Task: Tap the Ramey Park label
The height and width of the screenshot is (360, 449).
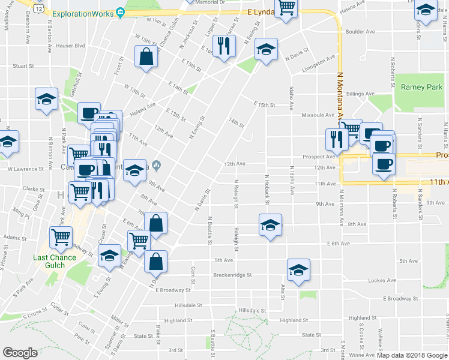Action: pos(421,87)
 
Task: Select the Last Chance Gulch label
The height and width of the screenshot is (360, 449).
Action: pos(55,262)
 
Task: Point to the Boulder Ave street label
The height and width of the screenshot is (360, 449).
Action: pos(360,32)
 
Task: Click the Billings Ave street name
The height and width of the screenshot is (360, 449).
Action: pos(360,94)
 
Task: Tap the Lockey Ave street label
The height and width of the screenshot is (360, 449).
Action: pos(382,280)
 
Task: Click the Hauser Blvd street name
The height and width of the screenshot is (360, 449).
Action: pos(70,46)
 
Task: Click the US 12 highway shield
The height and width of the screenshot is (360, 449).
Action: pos(38,7)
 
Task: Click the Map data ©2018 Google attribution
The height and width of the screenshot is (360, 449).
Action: pos(411,355)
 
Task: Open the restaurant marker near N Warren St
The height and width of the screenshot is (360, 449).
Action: pos(224,47)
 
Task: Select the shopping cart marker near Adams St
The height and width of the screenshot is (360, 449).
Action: pos(61,238)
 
